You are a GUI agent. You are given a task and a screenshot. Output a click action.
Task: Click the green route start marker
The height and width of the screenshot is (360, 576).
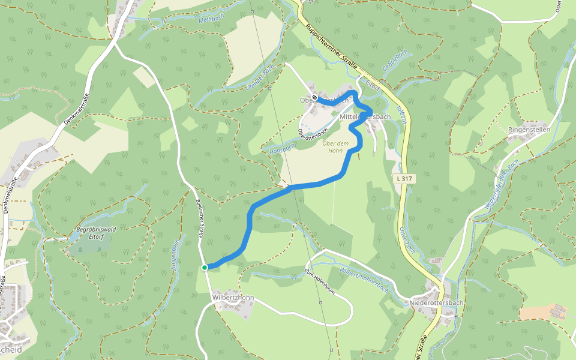pyautogui.click(x=205, y=268)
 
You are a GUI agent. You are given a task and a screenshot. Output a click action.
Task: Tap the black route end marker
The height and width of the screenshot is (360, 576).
pyautogui.click(x=314, y=97)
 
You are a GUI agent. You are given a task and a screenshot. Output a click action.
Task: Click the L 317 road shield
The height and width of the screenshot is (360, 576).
pyautogui.click(x=403, y=179)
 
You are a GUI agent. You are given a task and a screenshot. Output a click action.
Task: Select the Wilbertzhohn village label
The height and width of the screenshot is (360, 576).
pyautogui.click(x=233, y=298)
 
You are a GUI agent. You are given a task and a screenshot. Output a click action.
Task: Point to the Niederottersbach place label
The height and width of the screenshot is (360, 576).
pyautogui.click(x=437, y=303)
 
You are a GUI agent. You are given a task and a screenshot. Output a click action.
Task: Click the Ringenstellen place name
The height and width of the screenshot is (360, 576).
pyautogui.click(x=529, y=130)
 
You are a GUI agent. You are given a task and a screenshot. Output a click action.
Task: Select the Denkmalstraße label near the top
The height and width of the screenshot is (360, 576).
pyautogui.click(x=77, y=110)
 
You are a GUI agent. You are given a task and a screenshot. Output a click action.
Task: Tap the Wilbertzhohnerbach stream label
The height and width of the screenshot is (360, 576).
pyautogui.click(x=364, y=279)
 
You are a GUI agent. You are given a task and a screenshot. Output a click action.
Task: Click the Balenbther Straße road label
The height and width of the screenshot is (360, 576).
pyautogui.click(x=200, y=220)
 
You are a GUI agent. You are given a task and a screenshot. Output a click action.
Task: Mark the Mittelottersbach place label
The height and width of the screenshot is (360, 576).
pyautogui.click(x=365, y=116)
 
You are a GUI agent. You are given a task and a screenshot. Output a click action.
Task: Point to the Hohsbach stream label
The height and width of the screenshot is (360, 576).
pyautogui.click(x=284, y=146)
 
